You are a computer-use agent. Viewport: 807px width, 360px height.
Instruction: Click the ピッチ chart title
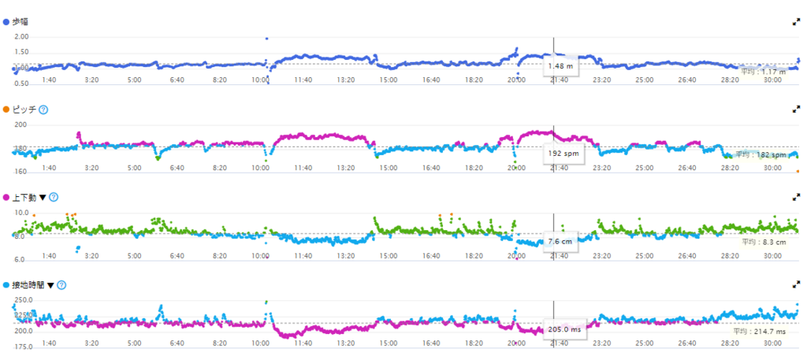click(28, 109)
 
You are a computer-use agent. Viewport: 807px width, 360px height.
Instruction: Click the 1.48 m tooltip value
click(561, 67)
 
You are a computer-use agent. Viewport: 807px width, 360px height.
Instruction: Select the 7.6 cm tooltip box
click(560, 242)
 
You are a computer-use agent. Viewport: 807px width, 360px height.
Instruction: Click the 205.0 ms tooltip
click(564, 329)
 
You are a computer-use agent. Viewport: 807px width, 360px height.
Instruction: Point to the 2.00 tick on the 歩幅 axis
click(21, 37)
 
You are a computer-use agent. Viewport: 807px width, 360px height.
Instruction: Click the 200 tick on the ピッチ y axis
click(20, 124)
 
